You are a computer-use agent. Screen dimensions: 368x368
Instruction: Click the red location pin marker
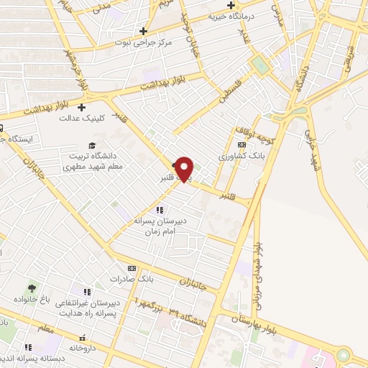pos(185,168)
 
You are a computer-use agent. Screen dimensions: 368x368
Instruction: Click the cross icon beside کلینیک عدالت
pos(91,107)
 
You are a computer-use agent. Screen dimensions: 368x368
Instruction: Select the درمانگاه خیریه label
pos(233,16)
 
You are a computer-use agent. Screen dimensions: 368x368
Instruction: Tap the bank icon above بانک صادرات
pos(131,267)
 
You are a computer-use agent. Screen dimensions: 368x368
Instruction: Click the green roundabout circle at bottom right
pos(344,355)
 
